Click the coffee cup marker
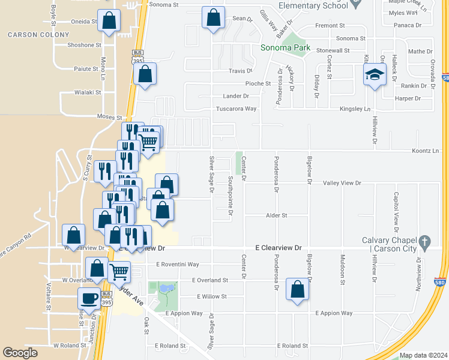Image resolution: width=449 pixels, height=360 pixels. [89, 299]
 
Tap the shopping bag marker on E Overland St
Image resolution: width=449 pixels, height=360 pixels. [297, 290]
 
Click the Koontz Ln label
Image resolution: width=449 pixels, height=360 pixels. [426, 151]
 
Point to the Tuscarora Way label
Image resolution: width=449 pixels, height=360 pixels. [236, 109]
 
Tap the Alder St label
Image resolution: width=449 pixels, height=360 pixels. [277, 215]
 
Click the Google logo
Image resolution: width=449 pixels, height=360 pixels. [20, 353]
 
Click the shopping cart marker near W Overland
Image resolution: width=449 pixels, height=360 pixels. [119, 271]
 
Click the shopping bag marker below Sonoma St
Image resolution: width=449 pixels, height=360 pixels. [213, 17]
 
